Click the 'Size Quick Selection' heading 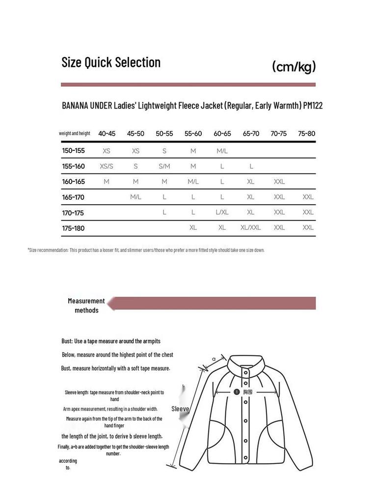111,62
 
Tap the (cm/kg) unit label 294,67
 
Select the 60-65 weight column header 222,134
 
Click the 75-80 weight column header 307,134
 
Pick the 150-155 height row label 74,151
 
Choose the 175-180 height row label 74,228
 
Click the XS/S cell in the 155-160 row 107,167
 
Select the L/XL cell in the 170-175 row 222,212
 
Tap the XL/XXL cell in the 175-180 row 250,228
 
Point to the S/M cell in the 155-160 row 164,167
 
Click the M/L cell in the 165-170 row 135,197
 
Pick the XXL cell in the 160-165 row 279,182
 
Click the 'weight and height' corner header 75,134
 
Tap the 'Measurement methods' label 86,306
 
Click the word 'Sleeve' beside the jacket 180,409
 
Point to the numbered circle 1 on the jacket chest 236,392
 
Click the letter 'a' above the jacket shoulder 214,359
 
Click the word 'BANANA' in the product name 75,106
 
